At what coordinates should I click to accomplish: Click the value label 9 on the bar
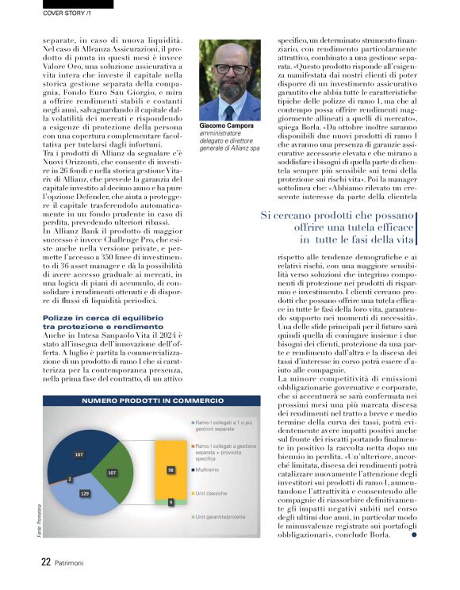click(x=171, y=502)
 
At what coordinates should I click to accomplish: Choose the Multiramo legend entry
click(x=208, y=469)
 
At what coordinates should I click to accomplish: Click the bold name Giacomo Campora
click(x=225, y=127)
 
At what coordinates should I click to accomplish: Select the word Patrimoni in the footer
click(x=72, y=561)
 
